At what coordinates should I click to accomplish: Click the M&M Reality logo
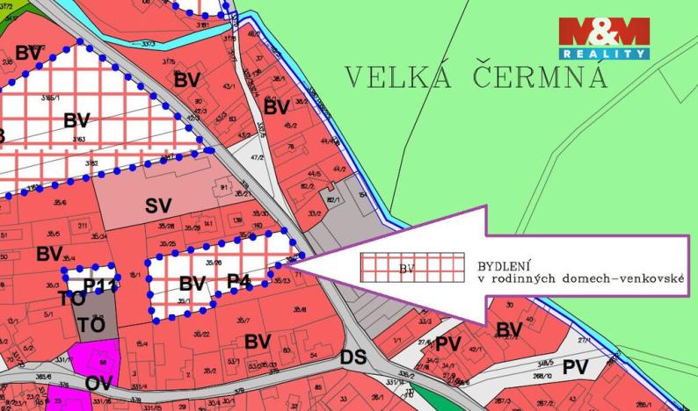coord(604,38)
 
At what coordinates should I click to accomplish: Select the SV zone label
coord(158,205)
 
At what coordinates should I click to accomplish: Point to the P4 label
coord(239,281)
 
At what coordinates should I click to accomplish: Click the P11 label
coord(100,285)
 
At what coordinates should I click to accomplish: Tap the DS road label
coord(353,358)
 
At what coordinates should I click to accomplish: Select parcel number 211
coord(83,227)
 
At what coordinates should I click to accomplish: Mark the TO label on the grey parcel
coord(91,324)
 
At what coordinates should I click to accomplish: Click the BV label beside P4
coord(192,283)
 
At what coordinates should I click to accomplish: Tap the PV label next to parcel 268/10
coord(575,366)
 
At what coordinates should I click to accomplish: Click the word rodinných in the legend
coord(527,278)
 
